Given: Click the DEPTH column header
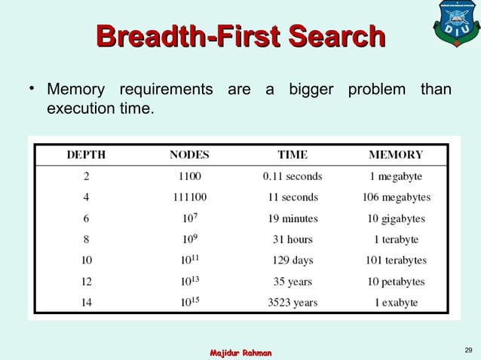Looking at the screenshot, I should pyautogui.click(x=86, y=155).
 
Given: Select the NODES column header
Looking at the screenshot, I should pyautogui.click(x=189, y=155).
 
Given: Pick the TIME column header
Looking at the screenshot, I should pyautogui.click(x=293, y=155).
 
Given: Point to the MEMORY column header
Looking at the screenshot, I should pyautogui.click(x=396, y=155).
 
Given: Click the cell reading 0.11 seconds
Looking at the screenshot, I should pyautogui.click(x=293, y=176).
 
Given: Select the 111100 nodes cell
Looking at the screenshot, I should pyautogui.click(x=189, y=197).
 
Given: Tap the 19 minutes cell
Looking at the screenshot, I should pyautogui.click(x=293, y=218).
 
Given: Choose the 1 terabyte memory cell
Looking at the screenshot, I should pyautogui.click(x=396, y=239).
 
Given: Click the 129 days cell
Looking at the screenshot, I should pyautogui.click(x=293, y=261).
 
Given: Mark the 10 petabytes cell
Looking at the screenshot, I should pyautogui.click(x=396, y=282).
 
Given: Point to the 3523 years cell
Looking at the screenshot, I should pyautogui.click(x=293, y=303).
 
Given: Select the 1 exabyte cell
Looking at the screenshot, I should pyautogui.click(x=396, y=303).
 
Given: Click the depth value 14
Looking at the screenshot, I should pyautogui.click(x=86, y=303).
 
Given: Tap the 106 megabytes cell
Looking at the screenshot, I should pyautogui.click(x=396, y=197).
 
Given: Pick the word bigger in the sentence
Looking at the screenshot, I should pyautogui.click(x=313, y=91).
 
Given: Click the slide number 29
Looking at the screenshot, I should pyautogui.click(x=468, y=349).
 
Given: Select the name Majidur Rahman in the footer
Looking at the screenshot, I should pyautogui.click(x=240, y=352).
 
